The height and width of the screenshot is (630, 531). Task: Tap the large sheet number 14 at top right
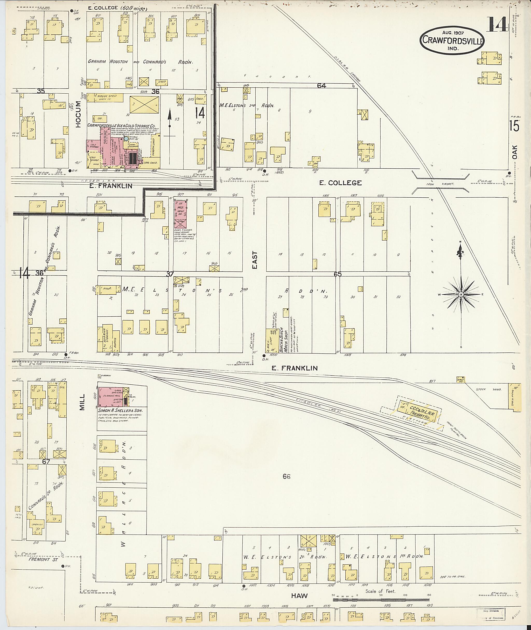(498, 24)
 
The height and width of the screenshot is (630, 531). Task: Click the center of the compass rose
(461, 294)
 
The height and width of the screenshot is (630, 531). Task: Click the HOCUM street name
(78, 114)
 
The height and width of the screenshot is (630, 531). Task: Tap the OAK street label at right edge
(515, 152)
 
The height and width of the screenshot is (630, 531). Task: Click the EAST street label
(255, 260)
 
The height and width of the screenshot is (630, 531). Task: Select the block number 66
(286, 476)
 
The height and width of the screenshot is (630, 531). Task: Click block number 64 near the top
(321, 86)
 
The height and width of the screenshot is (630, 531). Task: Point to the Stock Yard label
(484, 389)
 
